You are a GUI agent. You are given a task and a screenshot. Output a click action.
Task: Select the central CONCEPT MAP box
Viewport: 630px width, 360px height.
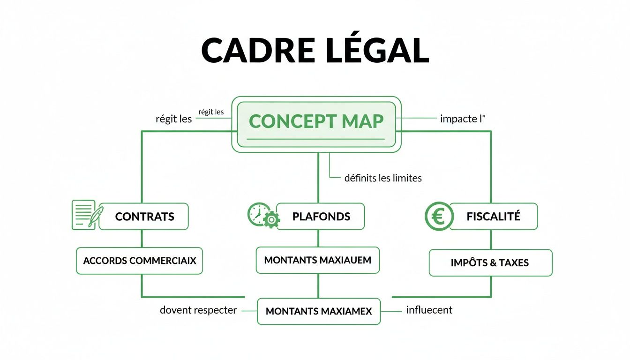point(316,124)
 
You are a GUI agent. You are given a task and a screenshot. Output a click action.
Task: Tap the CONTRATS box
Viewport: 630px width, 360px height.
point(144,217)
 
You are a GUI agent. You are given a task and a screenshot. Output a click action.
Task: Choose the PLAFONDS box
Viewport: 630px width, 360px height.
point(321,217)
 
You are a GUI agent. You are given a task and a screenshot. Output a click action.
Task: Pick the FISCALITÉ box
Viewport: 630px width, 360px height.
point(493,217)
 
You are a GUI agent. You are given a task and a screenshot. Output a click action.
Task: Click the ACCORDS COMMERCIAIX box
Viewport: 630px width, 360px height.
point(139,261)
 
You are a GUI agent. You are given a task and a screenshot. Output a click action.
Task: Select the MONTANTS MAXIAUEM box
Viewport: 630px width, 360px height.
point(317,260)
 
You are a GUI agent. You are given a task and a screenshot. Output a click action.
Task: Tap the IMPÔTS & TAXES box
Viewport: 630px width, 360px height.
point(490,262)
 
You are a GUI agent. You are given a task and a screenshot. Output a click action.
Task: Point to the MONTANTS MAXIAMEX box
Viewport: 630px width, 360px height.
point(319,311)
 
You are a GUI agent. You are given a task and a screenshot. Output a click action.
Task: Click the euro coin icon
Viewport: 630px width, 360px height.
point(438,217)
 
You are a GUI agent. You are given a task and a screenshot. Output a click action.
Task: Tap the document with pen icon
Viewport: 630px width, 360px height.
point(85,215)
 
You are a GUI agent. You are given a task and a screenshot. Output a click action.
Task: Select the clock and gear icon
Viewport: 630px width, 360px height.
point(263,216)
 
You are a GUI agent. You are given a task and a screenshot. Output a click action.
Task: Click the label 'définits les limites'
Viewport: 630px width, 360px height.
point(383,178)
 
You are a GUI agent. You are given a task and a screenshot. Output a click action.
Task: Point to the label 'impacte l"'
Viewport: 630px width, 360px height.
point(463,119)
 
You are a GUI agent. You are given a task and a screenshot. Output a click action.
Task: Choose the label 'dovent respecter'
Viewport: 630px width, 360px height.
point(198,310)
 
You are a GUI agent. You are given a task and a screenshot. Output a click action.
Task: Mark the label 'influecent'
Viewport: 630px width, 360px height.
point(429,310)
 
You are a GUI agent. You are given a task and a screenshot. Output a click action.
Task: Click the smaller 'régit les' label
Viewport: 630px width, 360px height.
point(211,112)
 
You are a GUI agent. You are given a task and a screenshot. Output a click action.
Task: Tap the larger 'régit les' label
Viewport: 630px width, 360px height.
point(173,119)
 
